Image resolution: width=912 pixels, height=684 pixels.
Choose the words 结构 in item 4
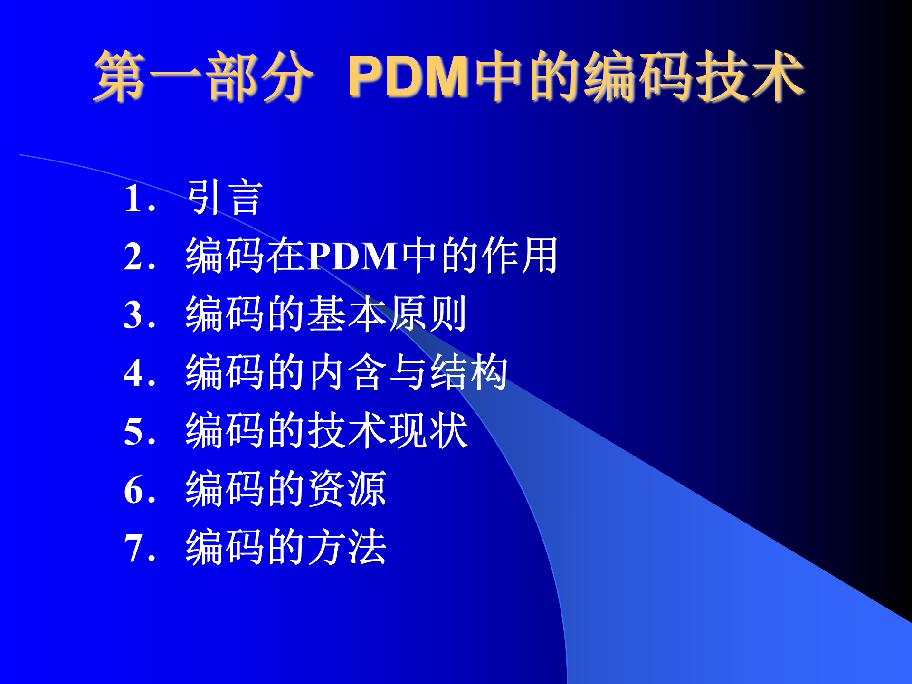point(468,372)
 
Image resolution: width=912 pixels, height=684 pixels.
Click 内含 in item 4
point(347,372)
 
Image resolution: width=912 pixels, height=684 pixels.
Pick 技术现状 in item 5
point(388,431)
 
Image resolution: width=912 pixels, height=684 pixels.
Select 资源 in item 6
point(347,489)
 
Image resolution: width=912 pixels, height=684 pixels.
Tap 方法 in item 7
point(347,548)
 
